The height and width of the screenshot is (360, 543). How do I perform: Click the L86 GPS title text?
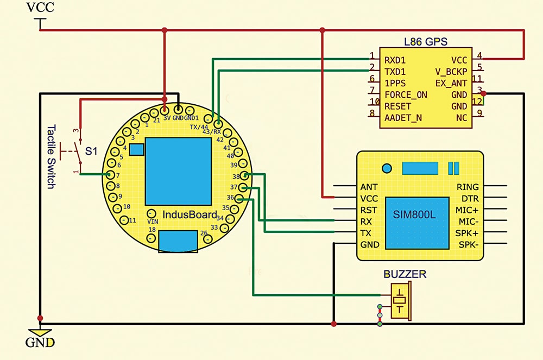425,41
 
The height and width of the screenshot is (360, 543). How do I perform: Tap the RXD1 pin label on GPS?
395,60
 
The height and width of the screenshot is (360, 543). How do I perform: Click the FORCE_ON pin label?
405,94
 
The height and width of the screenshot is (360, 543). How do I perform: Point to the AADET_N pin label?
403,117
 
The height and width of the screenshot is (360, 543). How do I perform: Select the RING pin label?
468,187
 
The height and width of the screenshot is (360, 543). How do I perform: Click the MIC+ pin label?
468,210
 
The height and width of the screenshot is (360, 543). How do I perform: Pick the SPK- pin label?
468,244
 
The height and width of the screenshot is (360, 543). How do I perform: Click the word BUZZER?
405,275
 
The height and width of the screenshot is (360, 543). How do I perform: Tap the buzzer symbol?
401,301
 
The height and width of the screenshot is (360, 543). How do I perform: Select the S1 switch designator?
92,151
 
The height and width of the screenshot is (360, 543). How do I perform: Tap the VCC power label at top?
41,8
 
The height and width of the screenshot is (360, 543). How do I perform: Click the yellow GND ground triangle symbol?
40,332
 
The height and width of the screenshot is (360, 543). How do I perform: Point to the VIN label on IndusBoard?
153,221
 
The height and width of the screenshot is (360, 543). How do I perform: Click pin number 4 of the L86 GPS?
479,55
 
